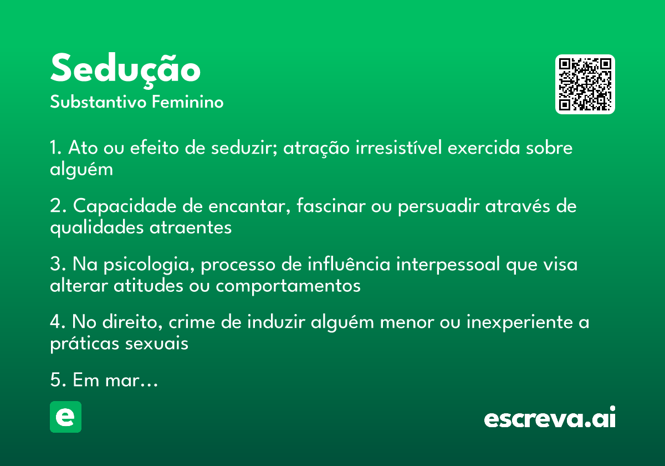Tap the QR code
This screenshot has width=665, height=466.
coord(585,84)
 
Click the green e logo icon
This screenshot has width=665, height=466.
coord(65,417)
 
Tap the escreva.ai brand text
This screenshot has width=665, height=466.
coord(550,418)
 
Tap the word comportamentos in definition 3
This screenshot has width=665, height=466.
coord(288,286)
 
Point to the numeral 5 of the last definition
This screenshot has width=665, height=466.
coord(54,381)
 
